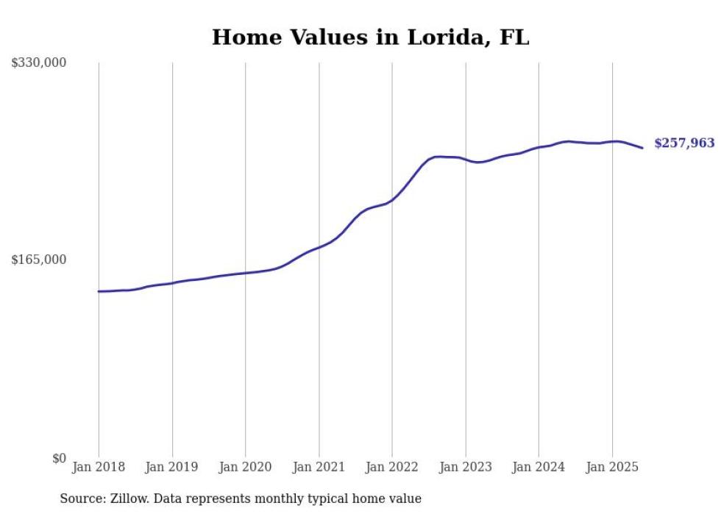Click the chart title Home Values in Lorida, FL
click(370, 37)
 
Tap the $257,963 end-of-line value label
click(684, 143)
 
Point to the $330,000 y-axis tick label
click(39, 63)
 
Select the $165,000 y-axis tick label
click(39, 260)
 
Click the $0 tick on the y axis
click(59, 458)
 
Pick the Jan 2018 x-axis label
click(99, 467)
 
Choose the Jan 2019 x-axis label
click(172, 467)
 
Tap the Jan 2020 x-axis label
click(246, 467)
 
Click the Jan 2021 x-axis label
click(319, 467)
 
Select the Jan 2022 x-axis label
click(392, 467)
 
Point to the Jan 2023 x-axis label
click(466, 467)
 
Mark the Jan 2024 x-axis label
click(539, 467)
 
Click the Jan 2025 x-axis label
click(612, 467)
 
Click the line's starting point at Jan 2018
click(99, 291)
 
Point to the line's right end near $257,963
click(642, 148)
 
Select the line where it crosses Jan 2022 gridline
click(392, 199)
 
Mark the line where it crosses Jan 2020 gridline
click(246, 273)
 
